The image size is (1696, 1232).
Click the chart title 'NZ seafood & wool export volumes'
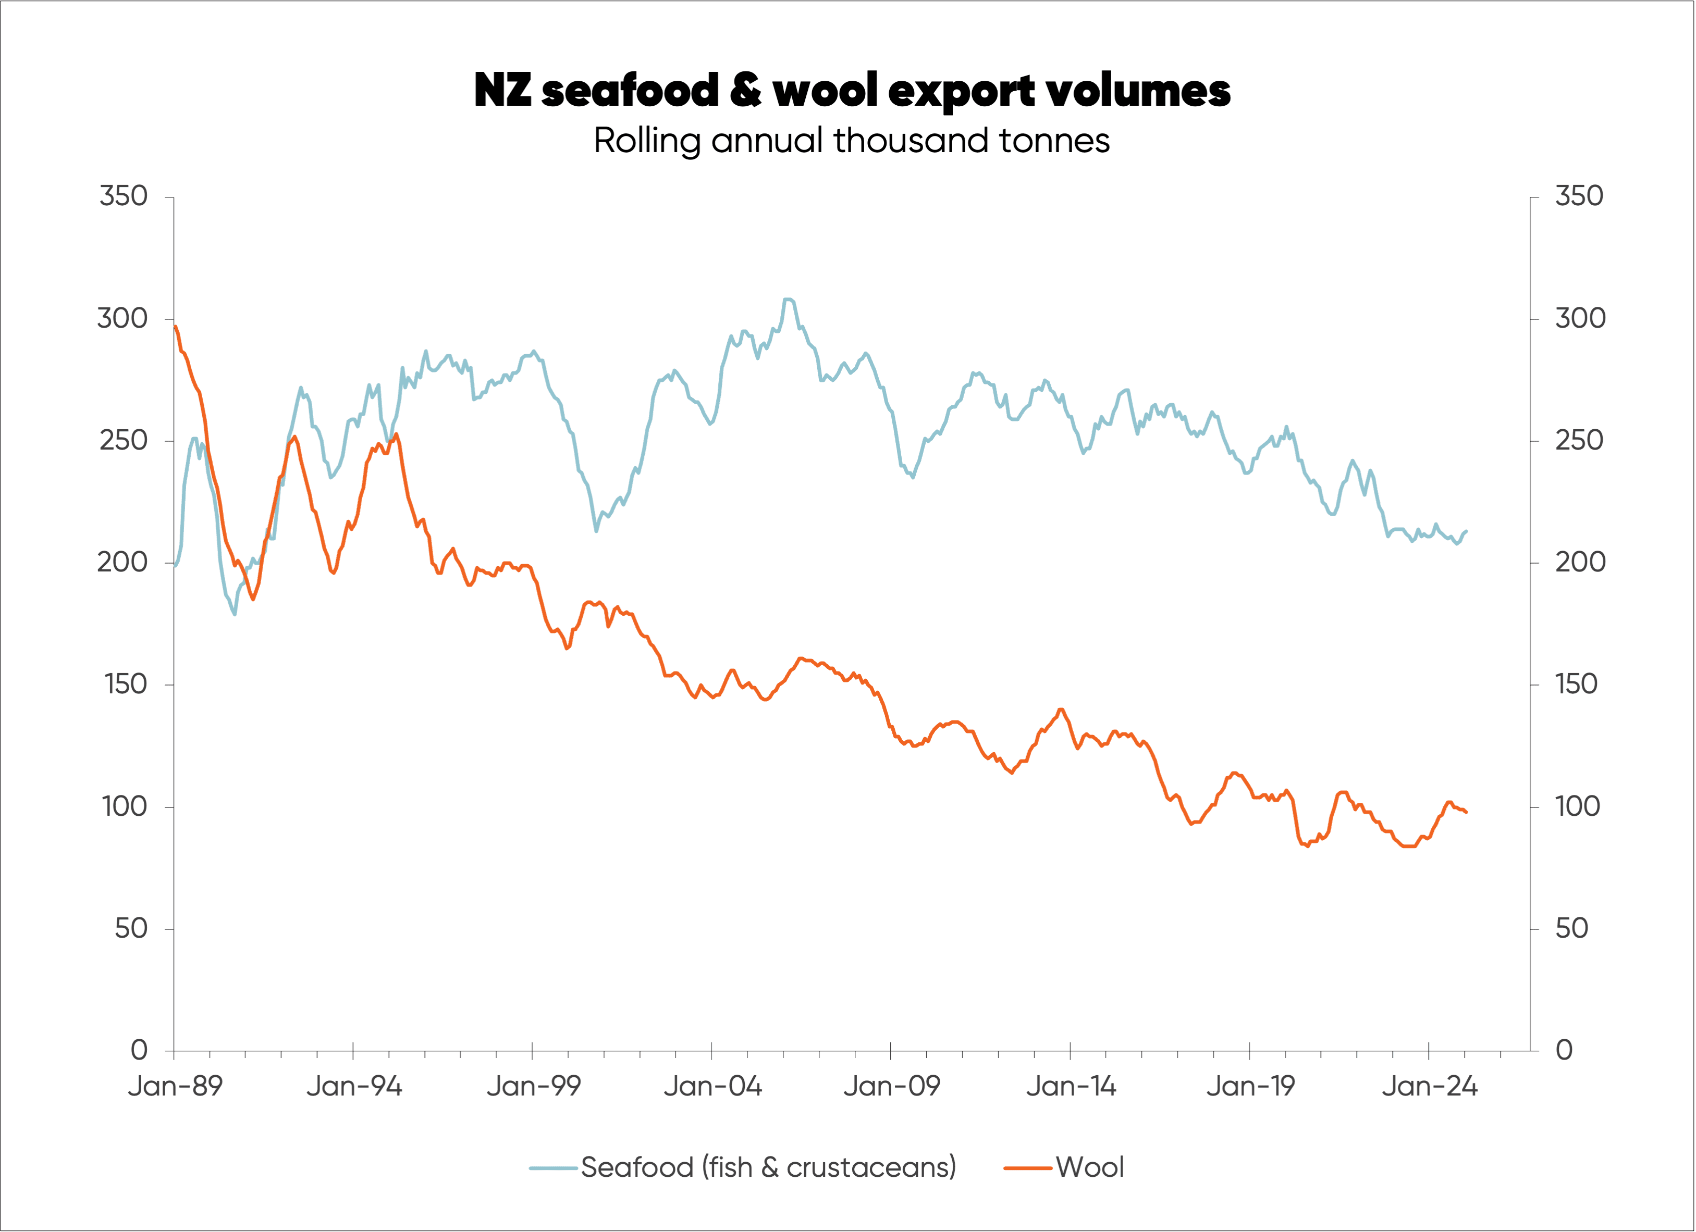point(852,91)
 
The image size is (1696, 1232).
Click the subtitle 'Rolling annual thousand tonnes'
point(852,141)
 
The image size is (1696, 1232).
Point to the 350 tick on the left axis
point(124,196)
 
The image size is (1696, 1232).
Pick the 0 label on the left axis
point(139,1050)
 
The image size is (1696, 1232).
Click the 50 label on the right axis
point(1572,928)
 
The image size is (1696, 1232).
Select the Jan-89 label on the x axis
point(175,1086)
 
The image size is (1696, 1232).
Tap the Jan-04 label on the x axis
point(712,1086)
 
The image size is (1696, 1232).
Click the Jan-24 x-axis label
point(1429,1086)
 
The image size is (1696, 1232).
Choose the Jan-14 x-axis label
point(1071,1086)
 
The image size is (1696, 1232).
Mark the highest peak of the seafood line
point(788,299)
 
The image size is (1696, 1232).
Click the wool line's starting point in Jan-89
point(175,327)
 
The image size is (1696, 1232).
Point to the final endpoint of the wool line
point(1467,812)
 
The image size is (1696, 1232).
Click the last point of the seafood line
point(1467,531)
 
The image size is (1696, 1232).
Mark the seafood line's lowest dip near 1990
point(235,615)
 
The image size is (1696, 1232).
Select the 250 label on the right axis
point(1579,440)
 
